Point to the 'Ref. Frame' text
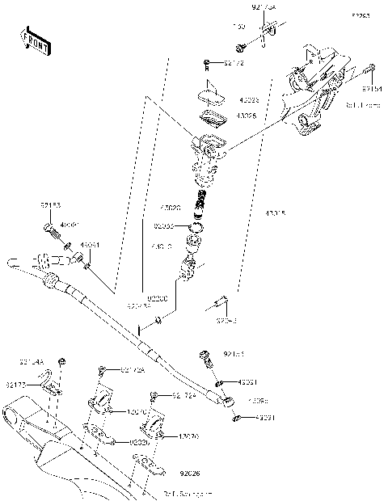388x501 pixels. coord(361,104)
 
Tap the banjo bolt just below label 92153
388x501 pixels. coord(55,235)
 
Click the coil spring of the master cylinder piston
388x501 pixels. coord(201,201)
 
